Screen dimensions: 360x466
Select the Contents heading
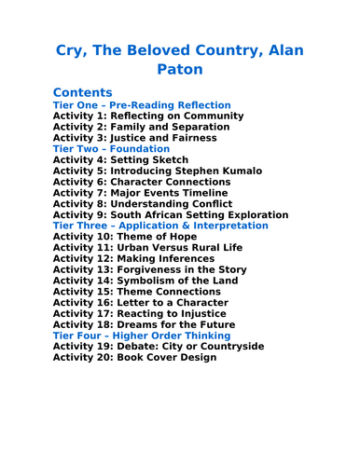83,92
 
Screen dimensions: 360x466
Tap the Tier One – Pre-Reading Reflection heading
142,105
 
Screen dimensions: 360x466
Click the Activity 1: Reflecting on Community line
148,116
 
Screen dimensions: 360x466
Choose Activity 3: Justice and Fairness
134,138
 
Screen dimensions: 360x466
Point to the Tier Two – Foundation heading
111,149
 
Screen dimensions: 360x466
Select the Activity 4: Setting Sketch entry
121,160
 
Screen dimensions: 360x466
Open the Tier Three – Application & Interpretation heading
160,226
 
